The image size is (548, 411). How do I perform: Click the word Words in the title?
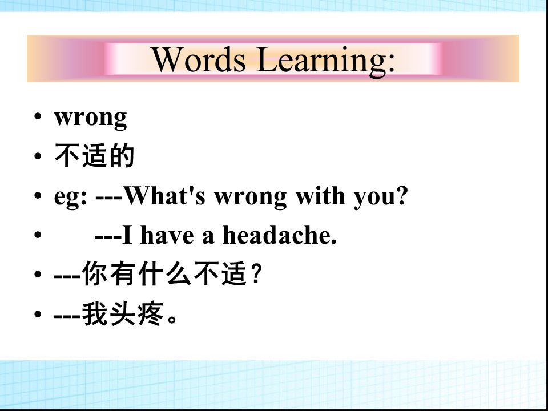tap(198, 59)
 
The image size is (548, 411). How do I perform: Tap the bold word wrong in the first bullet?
tap(90, 118)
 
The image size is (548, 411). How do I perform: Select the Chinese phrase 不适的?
tap(94, 156)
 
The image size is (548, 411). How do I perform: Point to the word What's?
tap(164, 195)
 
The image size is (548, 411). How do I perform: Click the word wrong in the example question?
tap(250, 198)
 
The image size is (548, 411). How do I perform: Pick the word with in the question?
tap(320, 195)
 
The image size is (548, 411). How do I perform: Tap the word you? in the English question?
tap(381, 197)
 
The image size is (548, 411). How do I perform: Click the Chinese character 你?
tap(95, 273)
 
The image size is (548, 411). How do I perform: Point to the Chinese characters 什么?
tap(164, 273)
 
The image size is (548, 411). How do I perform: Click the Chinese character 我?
tap(95, 314)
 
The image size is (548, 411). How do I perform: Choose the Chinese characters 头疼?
tap(136, 314)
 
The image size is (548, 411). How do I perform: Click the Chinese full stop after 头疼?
tap(172, 320)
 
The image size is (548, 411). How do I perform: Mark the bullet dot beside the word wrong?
tap(38, 116)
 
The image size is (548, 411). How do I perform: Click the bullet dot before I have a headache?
tap(38, 235)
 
